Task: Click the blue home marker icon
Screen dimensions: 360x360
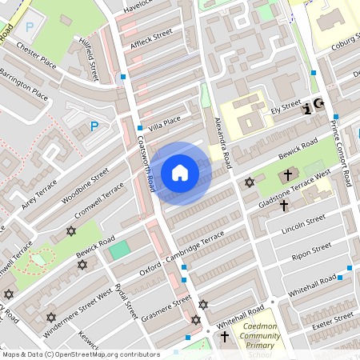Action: coord(180,173)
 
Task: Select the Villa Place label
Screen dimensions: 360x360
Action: coord(165,123)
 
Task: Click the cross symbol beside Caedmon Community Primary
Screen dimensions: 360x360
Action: coord(224,338)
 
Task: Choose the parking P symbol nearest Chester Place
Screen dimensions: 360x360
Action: coord(30,26)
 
